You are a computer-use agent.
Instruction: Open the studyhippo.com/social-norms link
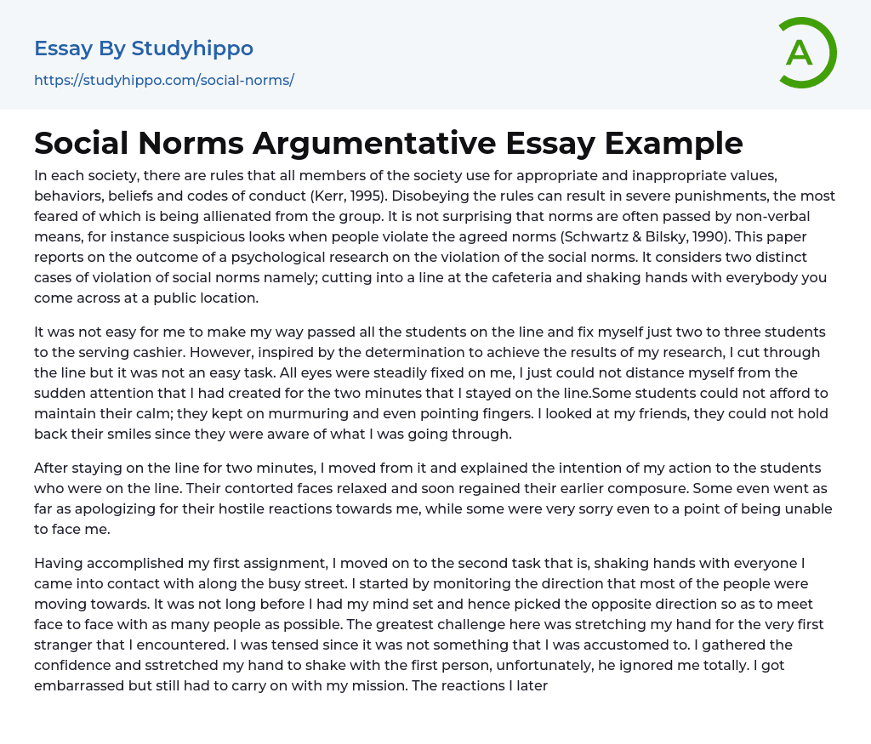pyautogui.click(x=164, y=81)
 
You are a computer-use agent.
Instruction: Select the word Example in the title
pyautogui.click(x=677, y=144)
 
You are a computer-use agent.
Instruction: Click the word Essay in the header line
pyautogui.click(x=62, y=48)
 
